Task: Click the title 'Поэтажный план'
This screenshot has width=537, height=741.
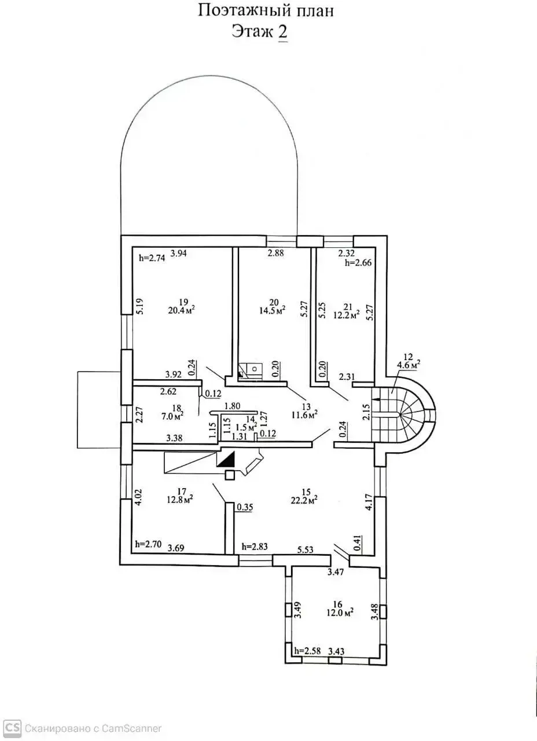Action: [266, 10]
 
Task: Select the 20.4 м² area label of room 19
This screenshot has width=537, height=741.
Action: [182, 310]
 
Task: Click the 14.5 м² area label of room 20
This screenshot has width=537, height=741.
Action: [274, 310]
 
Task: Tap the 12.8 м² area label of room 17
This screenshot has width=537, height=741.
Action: [180, 500]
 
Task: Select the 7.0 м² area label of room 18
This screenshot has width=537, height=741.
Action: [172, 416]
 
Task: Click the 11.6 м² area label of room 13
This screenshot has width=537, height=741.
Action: [305, 415]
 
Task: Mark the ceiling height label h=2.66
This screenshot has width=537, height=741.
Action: [358, 262]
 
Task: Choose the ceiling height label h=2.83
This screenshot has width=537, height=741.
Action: [255, 547]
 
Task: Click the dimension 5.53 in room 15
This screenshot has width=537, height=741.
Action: [305, 550]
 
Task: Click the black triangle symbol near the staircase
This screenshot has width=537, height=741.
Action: [226, 460]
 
